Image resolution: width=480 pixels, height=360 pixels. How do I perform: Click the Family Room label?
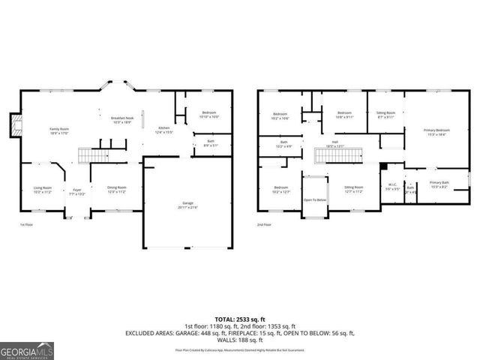(x=59, y=131)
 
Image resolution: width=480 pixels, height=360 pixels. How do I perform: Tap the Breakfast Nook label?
(x=121, y=120)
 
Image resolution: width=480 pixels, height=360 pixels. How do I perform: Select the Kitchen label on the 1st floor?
(x=163, y=130)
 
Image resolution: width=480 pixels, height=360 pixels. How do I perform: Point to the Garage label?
(x=187, y=205)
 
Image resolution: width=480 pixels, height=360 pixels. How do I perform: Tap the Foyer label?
(x=77, y=191)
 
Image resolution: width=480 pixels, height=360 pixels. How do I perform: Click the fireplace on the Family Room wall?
(x=15, y=125)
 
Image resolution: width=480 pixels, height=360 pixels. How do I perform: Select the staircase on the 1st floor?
(x=93, y=155)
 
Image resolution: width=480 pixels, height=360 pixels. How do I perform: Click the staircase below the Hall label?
(x=334, y=155)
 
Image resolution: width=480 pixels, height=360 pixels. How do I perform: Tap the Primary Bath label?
(x=439, y=184)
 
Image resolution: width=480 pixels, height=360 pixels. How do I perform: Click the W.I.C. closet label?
(x=391, y=187)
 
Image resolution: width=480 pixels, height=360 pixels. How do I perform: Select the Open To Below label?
(x=314, y=200)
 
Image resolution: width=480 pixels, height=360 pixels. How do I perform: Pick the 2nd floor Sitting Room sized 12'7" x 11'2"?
(x=353, y=189)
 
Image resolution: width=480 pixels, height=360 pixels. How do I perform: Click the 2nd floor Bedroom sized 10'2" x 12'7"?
(x=281, y=189)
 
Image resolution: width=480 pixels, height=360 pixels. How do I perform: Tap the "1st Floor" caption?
(x=26, y=224)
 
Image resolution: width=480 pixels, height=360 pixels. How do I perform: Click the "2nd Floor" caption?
(x=263, y=224)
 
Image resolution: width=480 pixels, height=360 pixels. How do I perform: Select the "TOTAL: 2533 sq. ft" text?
(x=240, y=319)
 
